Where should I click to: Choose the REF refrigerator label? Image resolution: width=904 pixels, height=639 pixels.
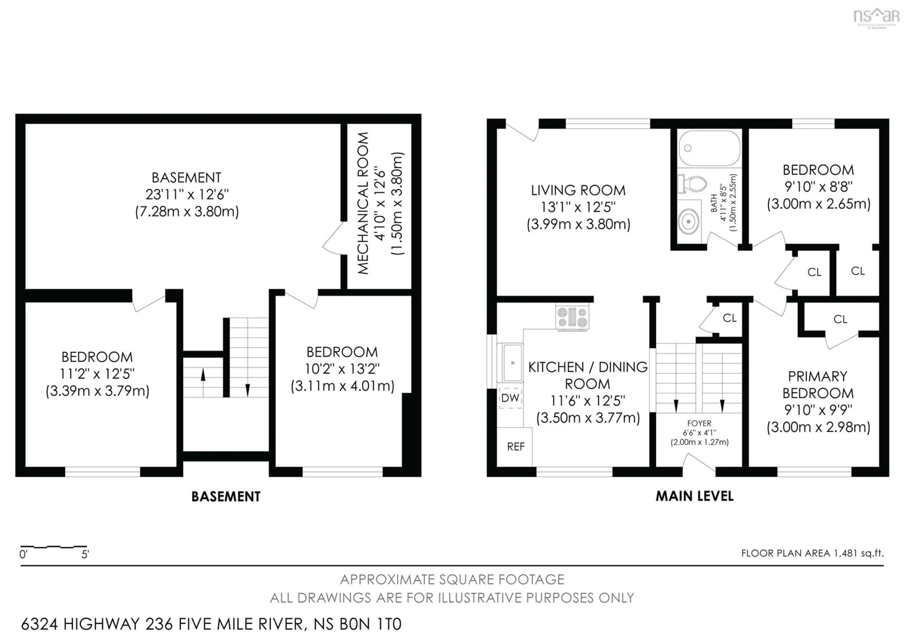515,446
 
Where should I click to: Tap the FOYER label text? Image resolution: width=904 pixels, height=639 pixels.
699,423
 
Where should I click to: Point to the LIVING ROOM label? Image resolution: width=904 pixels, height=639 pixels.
578,190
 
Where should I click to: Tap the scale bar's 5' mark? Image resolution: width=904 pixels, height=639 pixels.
85,554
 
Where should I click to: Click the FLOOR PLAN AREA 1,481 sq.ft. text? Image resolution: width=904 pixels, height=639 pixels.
812,553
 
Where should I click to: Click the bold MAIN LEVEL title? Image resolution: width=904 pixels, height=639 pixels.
694,496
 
